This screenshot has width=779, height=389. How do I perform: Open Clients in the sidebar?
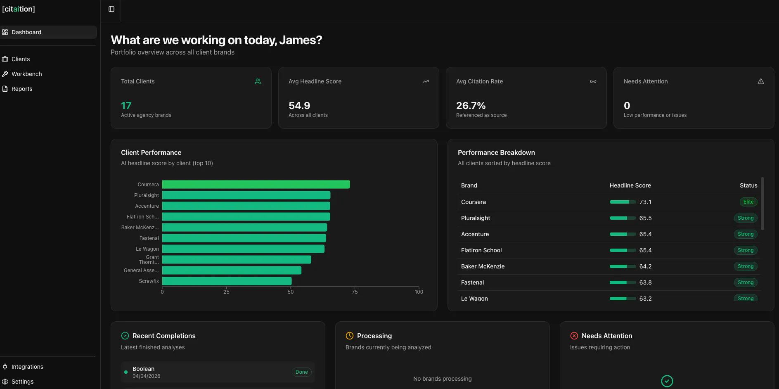(x=21, y=59)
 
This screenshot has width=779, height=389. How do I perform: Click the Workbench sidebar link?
(x=27, y=74)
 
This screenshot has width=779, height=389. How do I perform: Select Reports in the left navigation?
(x=22, y=89)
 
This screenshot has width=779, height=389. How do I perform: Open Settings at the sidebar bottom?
(x=23, y=382)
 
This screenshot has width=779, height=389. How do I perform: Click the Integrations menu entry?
(x=27, y=367)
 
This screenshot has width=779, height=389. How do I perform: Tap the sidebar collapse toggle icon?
(x=111, y=9)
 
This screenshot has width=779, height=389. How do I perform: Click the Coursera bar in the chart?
(x=256, y=185)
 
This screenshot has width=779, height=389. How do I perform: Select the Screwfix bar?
(x=227, y=281)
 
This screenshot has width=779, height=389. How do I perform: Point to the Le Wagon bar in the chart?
(x=243, y=249)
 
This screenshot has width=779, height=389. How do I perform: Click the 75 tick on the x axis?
(x=355, y=292)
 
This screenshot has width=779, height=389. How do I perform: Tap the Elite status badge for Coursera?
(x=748, y=202)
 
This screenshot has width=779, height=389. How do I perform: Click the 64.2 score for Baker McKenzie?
(x=646, y=266)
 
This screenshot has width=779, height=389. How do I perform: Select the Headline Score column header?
(x=630, y=185)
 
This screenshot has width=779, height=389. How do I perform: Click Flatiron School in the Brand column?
(x=481, y=250)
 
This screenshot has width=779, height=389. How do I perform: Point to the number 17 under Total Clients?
(x=126, y=106)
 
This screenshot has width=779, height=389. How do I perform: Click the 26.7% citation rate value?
(x=471, y=106)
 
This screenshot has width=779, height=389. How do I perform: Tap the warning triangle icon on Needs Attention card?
(x=761, y=81)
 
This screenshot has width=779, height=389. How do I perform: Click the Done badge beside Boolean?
(x=302, y=372)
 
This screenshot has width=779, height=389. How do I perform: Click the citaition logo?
(x=19, y=9)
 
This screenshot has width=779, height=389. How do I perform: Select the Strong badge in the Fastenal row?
(x=746, y=282)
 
